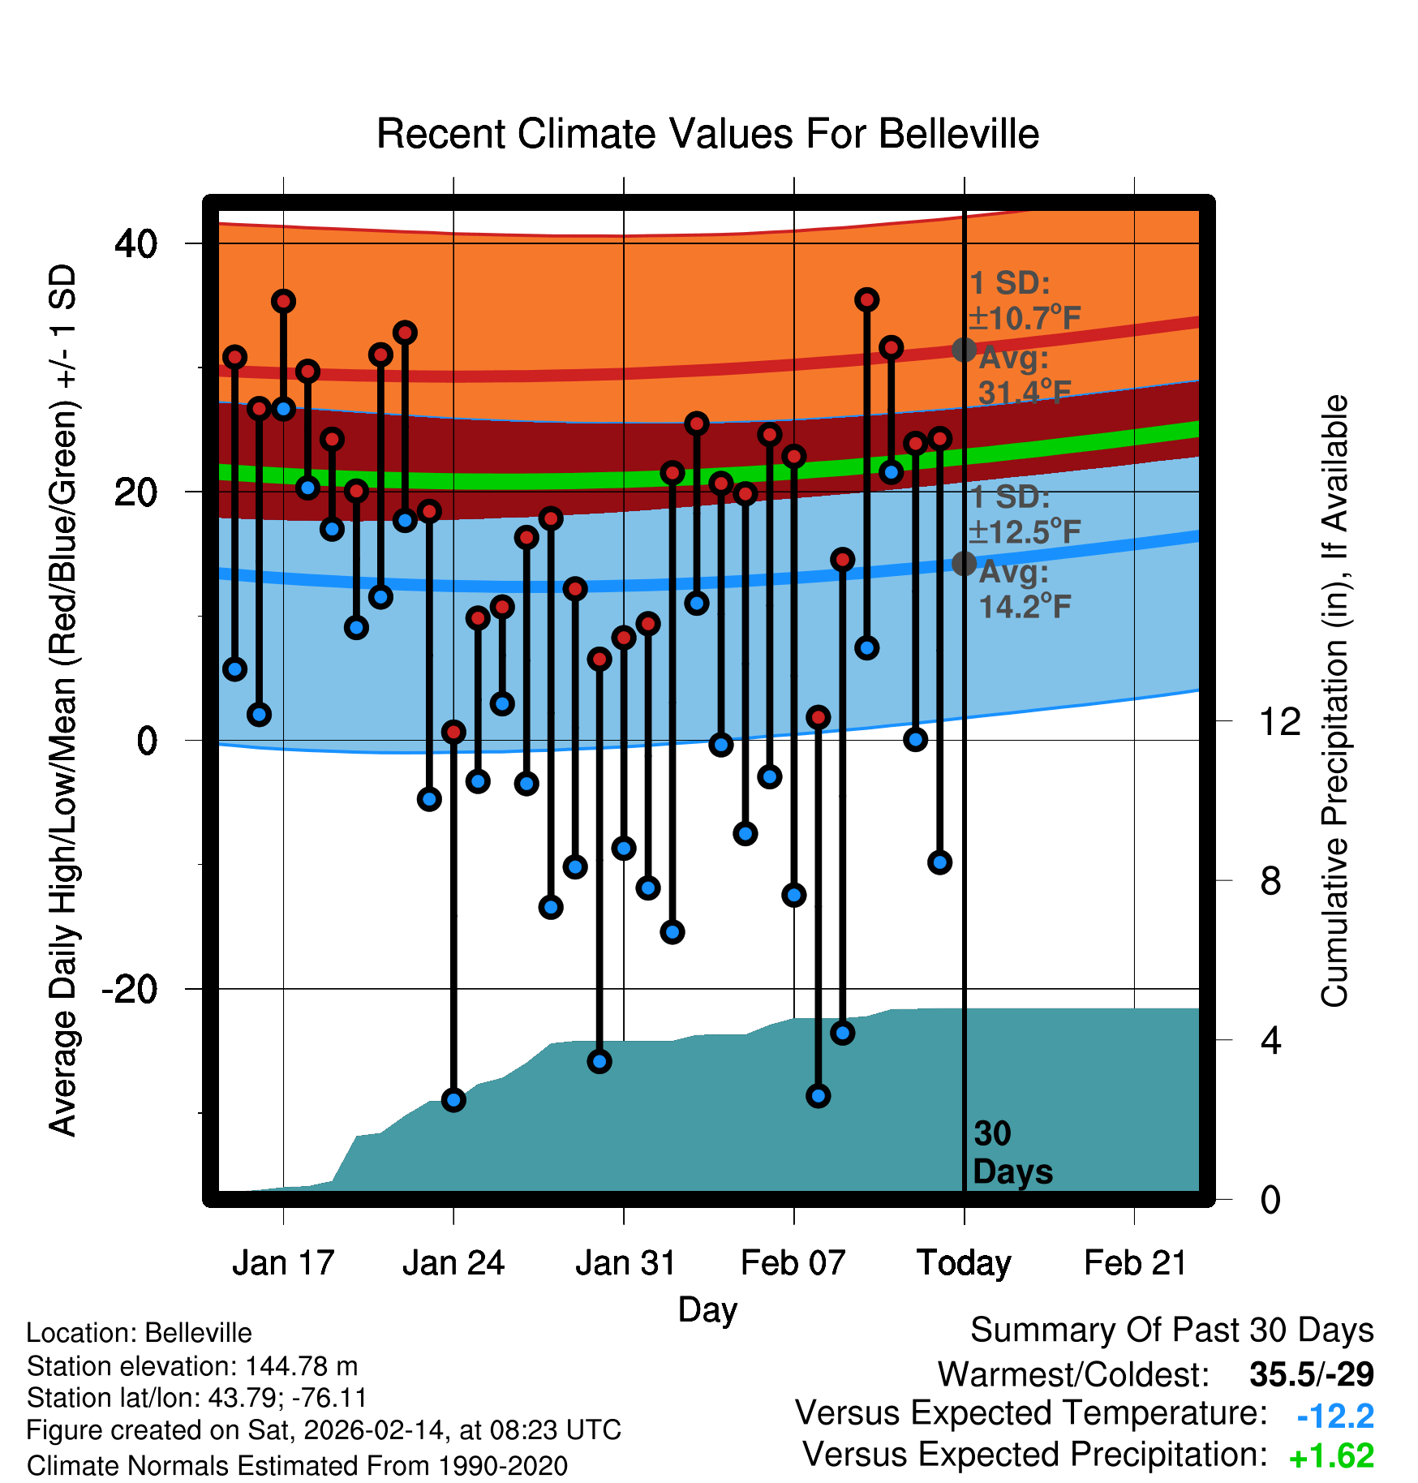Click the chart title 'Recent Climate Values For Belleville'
pyautogui.click(x=707, y=134)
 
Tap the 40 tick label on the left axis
pyautogui.click(x=135, y=243)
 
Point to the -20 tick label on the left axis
pyautogui.click(x=129, y=989)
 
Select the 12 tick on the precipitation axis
pyautogui.click(x=1279, y=721)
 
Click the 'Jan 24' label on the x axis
pyautogui.click(x=453, y=1263)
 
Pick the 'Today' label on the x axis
pyautogui.click(x=964, y=1263)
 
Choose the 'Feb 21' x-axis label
pyautogui.click(x=1135, y=1263)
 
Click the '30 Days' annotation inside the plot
pyautogui.click(x=1012, y=1153)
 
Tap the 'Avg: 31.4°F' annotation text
pyautogui.click(x=1024, y=376)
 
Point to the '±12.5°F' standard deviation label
pyautogui.click(x=1025, y=532)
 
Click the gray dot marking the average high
pyautogui.click(x=964, y=350)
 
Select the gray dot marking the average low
pyautogui.click(x=964, y=563)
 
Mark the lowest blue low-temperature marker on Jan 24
pyautogui.click(x=453, y=1100)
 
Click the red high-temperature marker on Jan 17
pyautogui.click(x=283, y=302)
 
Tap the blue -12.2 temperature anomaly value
pyautogui.click(x=1334, y=1416)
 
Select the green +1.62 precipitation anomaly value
pyautogui.click(x=1331, y=1456)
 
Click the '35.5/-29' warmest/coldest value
pyautogui.click(x=1311, y=1374)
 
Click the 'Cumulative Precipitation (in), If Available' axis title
pyautogui.click(x=1334, y=701)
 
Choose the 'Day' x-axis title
pyautogui.click(x=707, y=1309)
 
